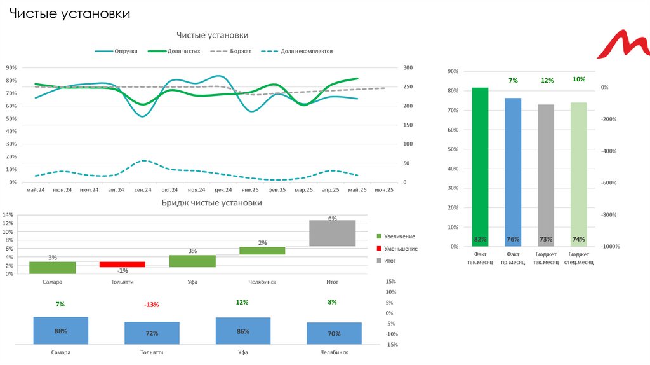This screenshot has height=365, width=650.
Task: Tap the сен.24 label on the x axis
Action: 143,189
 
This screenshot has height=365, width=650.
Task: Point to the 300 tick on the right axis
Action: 408,68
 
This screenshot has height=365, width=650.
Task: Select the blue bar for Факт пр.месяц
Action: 513,172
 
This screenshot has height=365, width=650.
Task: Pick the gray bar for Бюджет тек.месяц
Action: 546,175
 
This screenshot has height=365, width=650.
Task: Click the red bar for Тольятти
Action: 122,264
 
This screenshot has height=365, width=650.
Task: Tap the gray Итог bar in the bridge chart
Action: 332,233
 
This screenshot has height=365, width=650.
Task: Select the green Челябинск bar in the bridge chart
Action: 262,251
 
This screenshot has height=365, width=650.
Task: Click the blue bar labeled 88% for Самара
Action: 61,331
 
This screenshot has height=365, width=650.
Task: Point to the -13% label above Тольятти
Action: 152,305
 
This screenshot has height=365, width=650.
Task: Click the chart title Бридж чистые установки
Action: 211,203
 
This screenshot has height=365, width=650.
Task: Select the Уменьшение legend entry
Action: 401,249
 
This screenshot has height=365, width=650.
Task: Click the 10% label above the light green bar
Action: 579,79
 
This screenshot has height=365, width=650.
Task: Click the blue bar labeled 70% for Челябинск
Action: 334,333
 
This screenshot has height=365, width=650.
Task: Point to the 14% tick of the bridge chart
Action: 8,215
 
